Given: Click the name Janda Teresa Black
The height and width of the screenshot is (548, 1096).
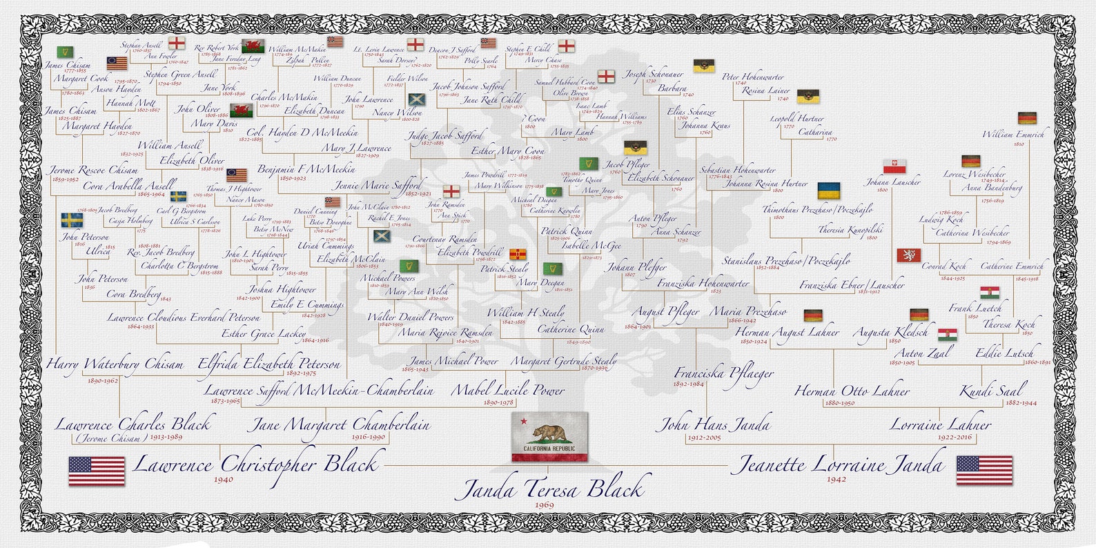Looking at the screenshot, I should [x=550, y=489].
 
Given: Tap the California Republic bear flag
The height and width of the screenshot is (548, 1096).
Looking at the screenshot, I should [x=550, y=436].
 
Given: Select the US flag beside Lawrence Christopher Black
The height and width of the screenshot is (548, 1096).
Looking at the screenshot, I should [x=97, y=471].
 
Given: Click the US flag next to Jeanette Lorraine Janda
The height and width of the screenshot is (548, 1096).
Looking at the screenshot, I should [x=984, y=470].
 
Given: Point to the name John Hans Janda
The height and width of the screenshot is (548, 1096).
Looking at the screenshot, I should [x=716, y=424].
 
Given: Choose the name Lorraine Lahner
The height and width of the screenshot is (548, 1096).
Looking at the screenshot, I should [x=939, y=424].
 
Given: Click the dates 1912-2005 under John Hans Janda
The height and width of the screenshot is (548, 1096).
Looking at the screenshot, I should [x=704, y=438].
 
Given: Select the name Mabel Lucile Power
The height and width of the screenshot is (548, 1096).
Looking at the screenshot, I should [x=507, y=390].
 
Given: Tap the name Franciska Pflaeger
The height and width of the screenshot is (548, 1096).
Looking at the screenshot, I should [x=724, y=373].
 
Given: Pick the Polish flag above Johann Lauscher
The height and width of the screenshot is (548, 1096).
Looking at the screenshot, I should [x=895, y=167].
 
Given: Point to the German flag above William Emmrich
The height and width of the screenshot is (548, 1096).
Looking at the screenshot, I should [x=1028, y=118].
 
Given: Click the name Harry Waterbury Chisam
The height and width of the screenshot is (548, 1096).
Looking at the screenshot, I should [x=115, y=364].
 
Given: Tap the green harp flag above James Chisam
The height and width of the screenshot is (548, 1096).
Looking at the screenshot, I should [x=65, y=52].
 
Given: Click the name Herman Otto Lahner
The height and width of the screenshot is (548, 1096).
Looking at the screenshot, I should [x=852, y=391].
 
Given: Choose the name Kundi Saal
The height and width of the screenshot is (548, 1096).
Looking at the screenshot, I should [x=992, y=390].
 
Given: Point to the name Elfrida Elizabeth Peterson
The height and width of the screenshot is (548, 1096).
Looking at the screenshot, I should [x=269, y=364].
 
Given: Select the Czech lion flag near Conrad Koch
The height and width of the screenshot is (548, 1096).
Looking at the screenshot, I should [x=908, y=255].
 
